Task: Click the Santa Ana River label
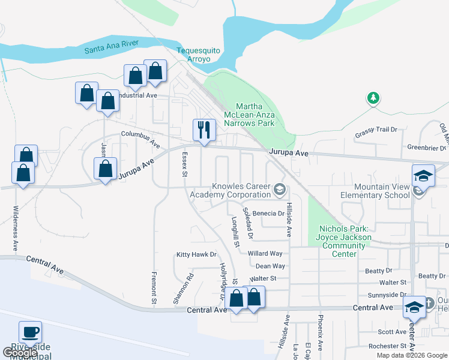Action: (x=112, y=46)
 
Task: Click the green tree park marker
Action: (x=373, y=98)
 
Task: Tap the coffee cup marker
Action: (x=30, y=332)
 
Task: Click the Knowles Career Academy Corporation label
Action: (x=231, y=190)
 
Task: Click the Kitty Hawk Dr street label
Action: (x=196, y=254)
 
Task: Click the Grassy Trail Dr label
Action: (x=376, y=130)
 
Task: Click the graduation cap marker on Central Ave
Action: (x=414, y=307)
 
